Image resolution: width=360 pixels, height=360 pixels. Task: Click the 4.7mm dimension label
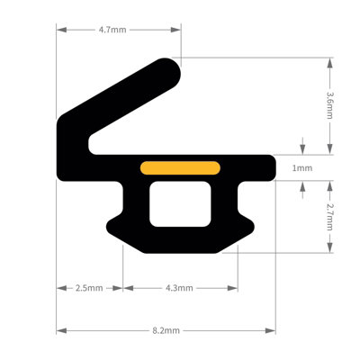pyautogui.click(x=112, y=30)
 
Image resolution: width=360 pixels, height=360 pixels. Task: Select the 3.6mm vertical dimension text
pyautogui.click(x=330, y=106)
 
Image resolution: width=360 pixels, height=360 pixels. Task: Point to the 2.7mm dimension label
pyautogui.click(x=330, y=216)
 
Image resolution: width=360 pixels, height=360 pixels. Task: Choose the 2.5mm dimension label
pyautogui.click(x=87, y=288)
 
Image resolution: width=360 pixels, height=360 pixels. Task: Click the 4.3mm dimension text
pyautogui.click(x=179, y=288)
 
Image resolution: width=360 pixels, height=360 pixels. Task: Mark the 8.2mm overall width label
pyautogui.click(x=166, y=330)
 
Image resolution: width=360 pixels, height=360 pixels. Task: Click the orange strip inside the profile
pyautogui.click(x=181, y=166)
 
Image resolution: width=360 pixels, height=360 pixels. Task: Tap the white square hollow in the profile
pyautogui.click(x=180, y=204)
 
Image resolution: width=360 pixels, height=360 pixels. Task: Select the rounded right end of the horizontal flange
pyautogui.click(x=270, y=166)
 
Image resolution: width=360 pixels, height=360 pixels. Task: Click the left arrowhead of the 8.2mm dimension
pyautogui.click(x=59, y=330)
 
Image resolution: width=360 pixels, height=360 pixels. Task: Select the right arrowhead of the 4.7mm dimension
pyautogui.click(x=177, y=30)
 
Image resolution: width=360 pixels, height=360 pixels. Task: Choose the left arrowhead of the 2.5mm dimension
pyautogui.click(x=59, y=288)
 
